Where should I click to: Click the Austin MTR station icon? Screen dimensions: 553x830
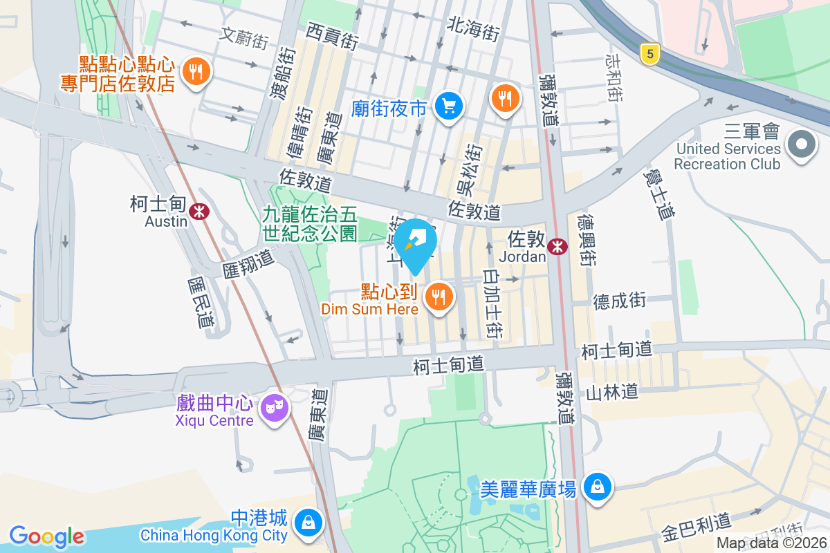pyautogui.click(x=201, y=210)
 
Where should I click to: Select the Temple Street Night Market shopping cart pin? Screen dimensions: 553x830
pyautogui.click(x=449, y=106)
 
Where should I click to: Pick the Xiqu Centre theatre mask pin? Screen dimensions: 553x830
pyautogui.click(x=274, y=408)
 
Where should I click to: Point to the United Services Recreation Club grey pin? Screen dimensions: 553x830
pyautogui.click(x=802, y=144)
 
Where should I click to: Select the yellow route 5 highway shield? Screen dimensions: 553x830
pyautogui.click(x=648, y=54)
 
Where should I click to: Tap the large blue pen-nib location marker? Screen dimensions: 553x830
pyautogui.click(x=415, y=242)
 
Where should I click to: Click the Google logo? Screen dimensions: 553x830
pyautogui.click(x=46, y=536)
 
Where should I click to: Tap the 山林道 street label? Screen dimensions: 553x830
pyautogui.click(x=611, y=393)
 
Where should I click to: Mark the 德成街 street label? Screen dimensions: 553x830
pyautogui.click(x=619, y=300)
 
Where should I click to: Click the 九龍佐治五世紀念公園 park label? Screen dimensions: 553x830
pyautogui.click(x=309, y=223)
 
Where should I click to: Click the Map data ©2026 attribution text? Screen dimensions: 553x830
pyautogui.click(x=772, y=543)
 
